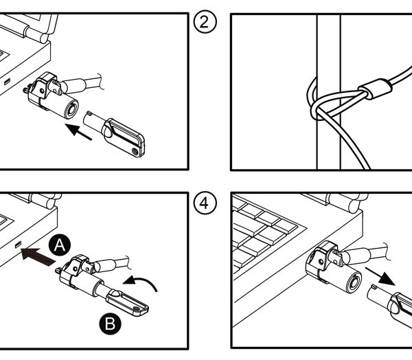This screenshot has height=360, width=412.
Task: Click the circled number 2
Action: (x=205, y=23)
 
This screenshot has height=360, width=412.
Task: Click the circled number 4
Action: (x=205, y=203)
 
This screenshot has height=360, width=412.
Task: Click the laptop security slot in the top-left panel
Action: (x=8, y=82)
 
